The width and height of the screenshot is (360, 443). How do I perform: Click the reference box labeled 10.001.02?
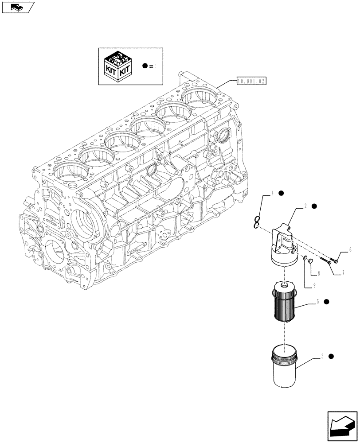[x=251, y=81]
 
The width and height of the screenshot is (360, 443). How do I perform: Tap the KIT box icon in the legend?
[x=118, y=67]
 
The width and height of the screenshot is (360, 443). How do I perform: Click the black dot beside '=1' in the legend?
[x=145, y=66]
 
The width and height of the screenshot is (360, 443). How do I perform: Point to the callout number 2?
[x=306, y=206]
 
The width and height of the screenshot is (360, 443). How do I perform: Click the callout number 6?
[x=350, y=250]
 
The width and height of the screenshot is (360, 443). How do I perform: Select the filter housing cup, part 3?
[x=282, y=367]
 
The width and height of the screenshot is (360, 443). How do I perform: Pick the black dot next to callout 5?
[x=326, y=302]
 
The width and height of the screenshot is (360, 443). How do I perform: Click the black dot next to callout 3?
[x=331, y=357]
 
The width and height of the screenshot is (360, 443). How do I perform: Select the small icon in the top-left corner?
[x=17, y=7]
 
